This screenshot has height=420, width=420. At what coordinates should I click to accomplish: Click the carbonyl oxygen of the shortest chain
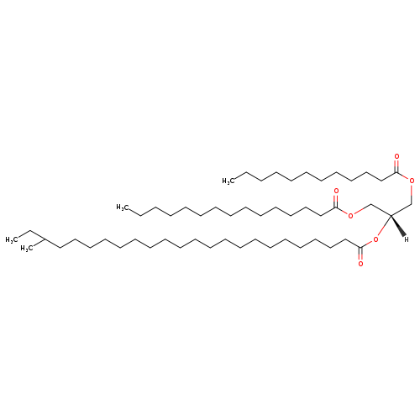(396, 156)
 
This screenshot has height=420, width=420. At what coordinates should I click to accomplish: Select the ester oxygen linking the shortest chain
(412, 181)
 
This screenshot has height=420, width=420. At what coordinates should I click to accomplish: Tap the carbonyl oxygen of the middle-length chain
(336, 192)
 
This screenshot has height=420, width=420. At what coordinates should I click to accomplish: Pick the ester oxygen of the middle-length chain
(351, 215)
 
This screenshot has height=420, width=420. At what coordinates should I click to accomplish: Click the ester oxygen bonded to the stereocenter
(375, 239)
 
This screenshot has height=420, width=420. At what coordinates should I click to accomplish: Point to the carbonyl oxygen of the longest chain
(360, 264)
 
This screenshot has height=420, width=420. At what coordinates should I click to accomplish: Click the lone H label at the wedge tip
(407, 239)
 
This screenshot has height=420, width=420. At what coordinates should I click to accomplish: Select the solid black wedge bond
(397, 225)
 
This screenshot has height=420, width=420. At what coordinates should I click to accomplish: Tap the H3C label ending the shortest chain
(228, 181)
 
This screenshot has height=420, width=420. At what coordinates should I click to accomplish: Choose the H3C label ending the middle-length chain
(123, 207)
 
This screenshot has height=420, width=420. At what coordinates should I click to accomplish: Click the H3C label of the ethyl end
(12, 240)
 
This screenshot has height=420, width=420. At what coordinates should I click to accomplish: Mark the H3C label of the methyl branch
(27, 249)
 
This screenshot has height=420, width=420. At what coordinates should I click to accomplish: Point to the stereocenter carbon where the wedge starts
(391, 215)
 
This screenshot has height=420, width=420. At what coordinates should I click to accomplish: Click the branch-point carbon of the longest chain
(45, 239)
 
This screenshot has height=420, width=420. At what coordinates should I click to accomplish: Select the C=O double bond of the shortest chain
(396, 165)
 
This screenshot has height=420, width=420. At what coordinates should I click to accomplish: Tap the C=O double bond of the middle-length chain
(336, 201)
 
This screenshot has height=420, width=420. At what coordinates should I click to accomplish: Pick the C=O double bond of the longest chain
(360, 254)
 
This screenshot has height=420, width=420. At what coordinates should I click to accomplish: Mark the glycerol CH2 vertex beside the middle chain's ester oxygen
(370, 205)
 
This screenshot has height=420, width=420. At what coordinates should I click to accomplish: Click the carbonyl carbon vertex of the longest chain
(360, 247)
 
